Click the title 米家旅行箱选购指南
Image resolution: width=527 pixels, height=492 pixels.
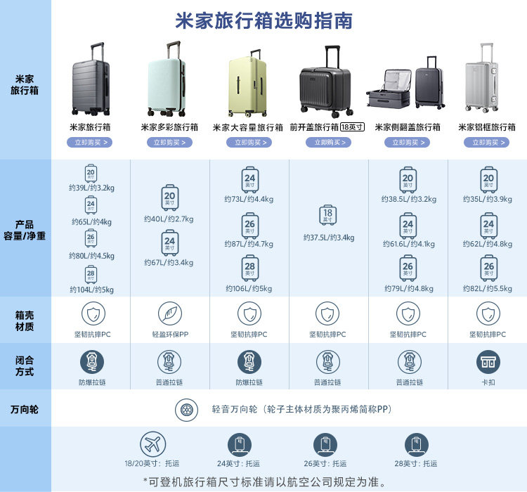pyautogui.click(x=263, y=20)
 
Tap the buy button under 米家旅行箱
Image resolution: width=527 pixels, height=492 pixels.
pyautogui.click(x=91, y=143)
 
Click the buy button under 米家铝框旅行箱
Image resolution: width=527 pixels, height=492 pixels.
pyautogui.click(x=486, y=143)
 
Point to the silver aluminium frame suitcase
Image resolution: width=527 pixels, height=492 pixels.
pyautogui.click(x=482, y=78)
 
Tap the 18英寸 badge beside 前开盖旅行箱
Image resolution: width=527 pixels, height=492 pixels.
pyautogui.click(x=352, y=127)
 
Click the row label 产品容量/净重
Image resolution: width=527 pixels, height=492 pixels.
pyautogui.click(x=25, y=230)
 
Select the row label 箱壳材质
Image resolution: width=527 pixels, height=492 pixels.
pyautogui.click(x=25, y=321)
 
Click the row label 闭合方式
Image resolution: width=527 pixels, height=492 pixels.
pyautogui.click(x=25, y=365)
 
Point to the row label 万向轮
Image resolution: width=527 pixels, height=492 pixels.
pyautogui.click(x=25, y=409)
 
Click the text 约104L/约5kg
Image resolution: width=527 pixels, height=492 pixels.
pyautogui.click(x=91, y=290)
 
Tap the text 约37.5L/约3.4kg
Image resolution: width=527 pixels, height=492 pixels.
pyautogui.click(x=328, y=238)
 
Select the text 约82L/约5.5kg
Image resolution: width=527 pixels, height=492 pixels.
pyautogui.click(x=488, y=289)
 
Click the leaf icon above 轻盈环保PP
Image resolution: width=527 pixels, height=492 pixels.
pyautogui.click(x=170, y=313)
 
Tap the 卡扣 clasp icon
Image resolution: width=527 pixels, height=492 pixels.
pyautogui.click(x=488, y=361)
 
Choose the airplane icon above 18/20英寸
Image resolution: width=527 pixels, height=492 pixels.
pyautogui.click(x=152, y=444)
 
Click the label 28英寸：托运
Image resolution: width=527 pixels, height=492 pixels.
pyautogui.click(x=417, y=464)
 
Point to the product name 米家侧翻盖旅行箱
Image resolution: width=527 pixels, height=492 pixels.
pyautogui.click(x=407, y=127)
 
